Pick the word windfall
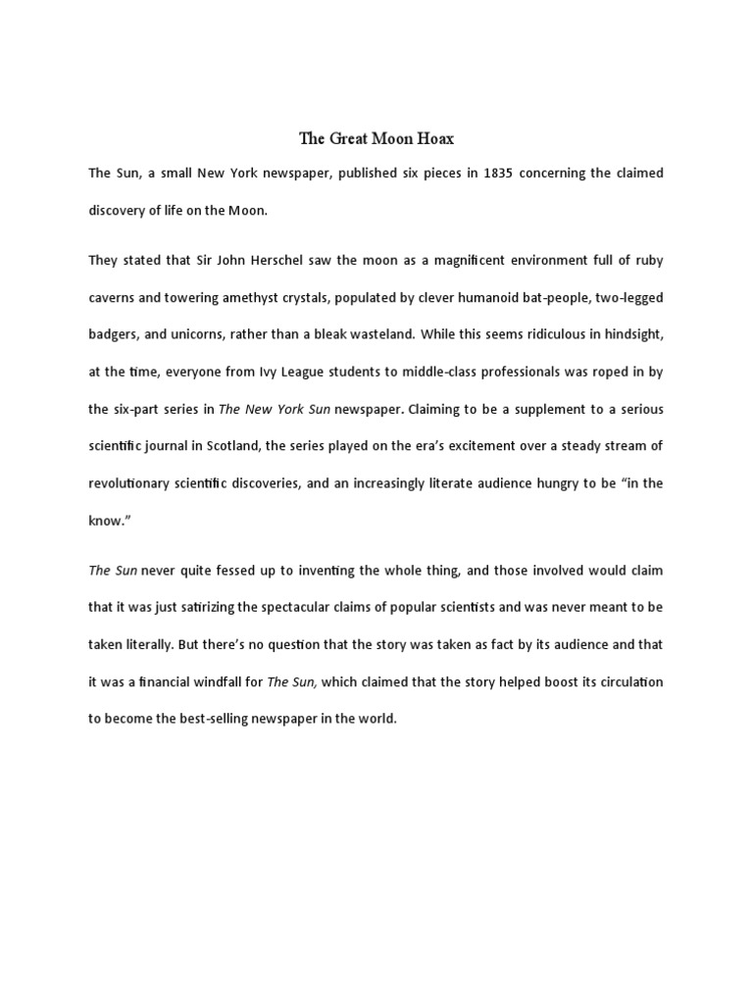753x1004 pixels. click(x=211, y=681)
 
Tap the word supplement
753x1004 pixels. click(x=517, y=408)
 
